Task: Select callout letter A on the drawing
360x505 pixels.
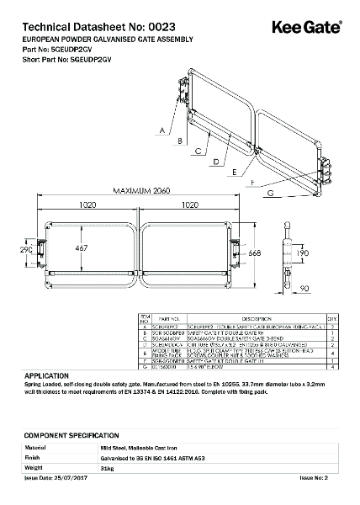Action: [x=160, y=130]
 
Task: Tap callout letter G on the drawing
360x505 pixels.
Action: [x=271, y=194]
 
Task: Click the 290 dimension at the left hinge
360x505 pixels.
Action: [x=27, y=250]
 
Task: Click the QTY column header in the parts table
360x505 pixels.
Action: [x=331, y=319]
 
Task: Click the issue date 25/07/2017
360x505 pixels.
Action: [x=64, y=477]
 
